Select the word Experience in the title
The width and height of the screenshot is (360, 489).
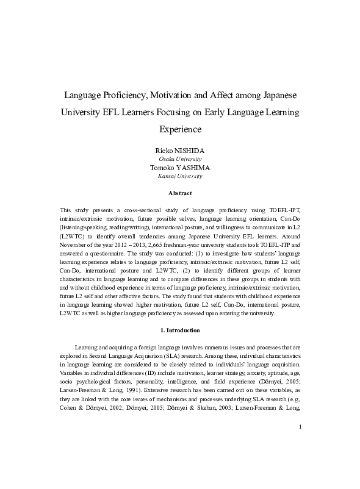pyautogui.click(x=180, y=129)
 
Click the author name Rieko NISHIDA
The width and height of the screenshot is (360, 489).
pyautogui.click(x=180, y=149)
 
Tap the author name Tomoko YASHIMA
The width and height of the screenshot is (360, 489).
pyautogui.click(x=180, y=167)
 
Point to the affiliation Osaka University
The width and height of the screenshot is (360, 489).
pyautogui.click(x=180, y=159)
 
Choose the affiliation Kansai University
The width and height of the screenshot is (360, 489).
pyautogui.click(x=180, y=176)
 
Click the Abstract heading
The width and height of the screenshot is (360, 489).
pyautogui.click(x=180, y=193)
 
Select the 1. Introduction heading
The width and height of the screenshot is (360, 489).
pyautogui.click(x=180, y=330)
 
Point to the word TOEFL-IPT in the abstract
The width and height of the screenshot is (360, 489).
pyautogui.click(x=283, y=209)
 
